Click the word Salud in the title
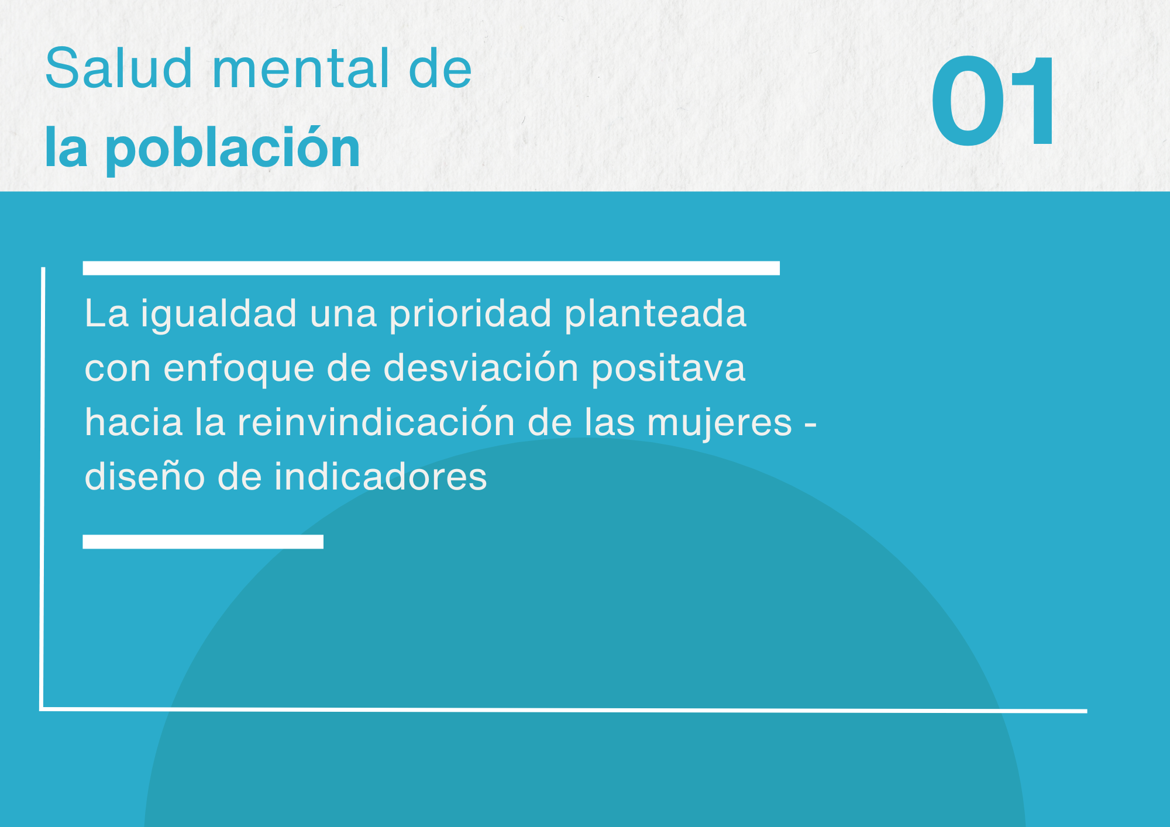tap(119, 68)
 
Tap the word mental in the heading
tap(301, 70)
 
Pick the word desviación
tap(481, 368)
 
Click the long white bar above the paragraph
tap(431, 268)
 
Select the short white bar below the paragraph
tap(203, 542)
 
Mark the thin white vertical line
tap(43, 488)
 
